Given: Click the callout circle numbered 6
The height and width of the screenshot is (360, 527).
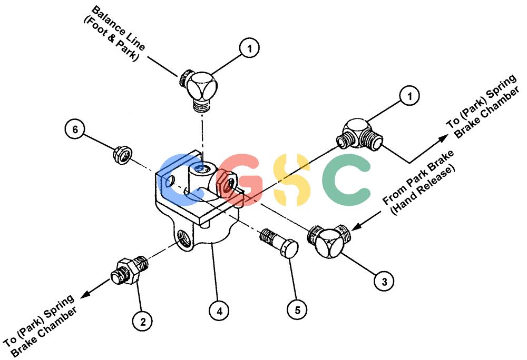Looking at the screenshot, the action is [75, 129].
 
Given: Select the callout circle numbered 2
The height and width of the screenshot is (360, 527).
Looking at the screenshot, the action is [142, 322].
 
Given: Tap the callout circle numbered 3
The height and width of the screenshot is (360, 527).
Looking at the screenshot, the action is [384, 281].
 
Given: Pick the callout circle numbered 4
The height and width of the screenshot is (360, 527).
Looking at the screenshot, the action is [219, 311].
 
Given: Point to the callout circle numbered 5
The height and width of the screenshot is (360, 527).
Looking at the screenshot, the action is [297, 309].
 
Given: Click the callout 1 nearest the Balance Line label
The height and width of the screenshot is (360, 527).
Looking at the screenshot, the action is [249, 48].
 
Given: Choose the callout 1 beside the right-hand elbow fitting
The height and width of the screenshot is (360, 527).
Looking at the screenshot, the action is [409, 96].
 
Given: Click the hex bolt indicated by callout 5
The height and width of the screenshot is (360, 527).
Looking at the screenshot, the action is [279, 243].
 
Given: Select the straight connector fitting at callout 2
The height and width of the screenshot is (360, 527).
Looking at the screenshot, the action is [130, 271].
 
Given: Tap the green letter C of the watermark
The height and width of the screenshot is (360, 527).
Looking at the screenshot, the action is [346, 180].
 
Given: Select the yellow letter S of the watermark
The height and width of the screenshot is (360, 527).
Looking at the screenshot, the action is [291, 179].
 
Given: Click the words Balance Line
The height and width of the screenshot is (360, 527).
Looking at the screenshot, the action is [118, 28].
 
